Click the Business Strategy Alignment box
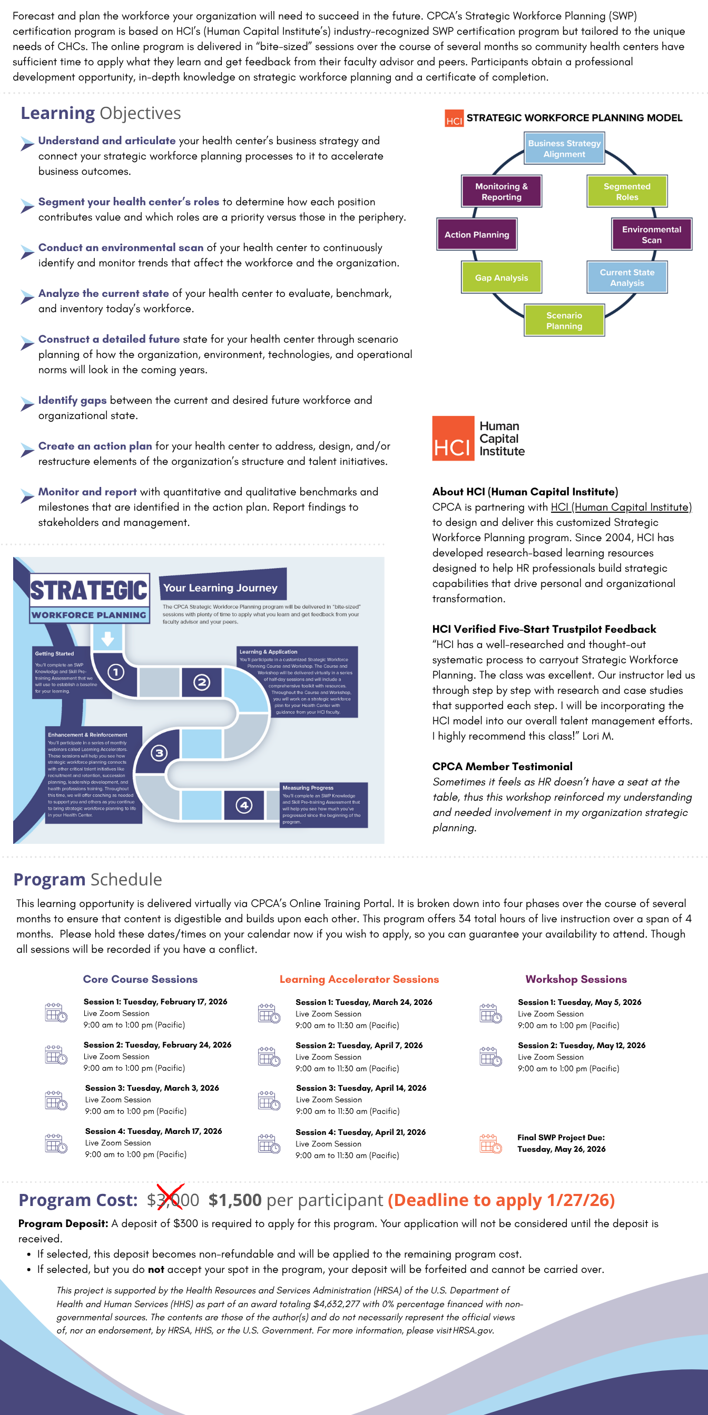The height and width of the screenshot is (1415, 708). pyautogui.click(x=564, y=148)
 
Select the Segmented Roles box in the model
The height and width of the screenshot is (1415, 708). pyautogui.click(x=627, y=191)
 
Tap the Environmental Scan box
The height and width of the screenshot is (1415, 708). pyautogui.click(x=652, y=235)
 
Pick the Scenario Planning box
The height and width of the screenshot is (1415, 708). pyautogui.click(x=564, y=320)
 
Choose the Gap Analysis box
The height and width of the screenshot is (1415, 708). pyautogui.click(x=501, y=277)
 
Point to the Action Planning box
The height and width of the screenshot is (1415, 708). pyautogui.click(x=477, y=235)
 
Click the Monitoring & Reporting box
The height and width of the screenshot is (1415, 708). pyautogui.click(x=501, y=191)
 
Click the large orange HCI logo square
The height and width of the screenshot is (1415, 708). pyautogui.click(x=453, y=439)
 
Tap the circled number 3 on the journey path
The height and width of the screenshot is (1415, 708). pyautogui.click(x=160, y=753)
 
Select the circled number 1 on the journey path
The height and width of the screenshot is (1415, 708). pyautogui.click(x=115, y=672)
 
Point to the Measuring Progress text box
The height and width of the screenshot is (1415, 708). pyautogui.click(x=323, y=805)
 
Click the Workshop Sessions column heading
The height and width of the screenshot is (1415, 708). pyautogui.click(x=576, y=979)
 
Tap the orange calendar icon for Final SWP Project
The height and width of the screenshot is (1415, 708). pyautogui.click(x=490, y=1143)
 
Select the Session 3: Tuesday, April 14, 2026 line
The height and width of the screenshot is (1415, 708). pyautogui.click(x=361, y=1088)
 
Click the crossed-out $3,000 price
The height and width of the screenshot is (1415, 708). pyautogui.click(x=173, y=1200)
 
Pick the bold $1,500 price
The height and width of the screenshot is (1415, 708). pyautogui.click(x=235, y=1200)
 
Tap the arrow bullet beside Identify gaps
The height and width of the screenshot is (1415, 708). pyautogui.click(x=27, y=404)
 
